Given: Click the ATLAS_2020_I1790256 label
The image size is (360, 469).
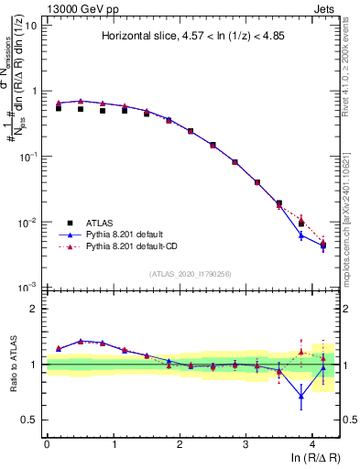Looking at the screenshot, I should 191,274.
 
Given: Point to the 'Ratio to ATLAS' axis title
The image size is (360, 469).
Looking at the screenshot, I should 13,365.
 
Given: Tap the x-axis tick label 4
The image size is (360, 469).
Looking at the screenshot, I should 312,444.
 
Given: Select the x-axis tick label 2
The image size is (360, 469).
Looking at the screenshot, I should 180,444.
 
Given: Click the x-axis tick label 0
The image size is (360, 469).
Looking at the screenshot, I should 47,444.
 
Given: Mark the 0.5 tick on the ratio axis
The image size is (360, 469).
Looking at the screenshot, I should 32,420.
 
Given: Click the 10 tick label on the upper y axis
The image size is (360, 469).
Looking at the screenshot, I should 31,26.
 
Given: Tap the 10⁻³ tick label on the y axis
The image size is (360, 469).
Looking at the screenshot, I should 29,288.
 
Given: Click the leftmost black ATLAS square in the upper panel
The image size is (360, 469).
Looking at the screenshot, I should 59,108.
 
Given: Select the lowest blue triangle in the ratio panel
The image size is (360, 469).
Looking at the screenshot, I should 300,396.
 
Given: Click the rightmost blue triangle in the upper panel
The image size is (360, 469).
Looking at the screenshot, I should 322,245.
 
